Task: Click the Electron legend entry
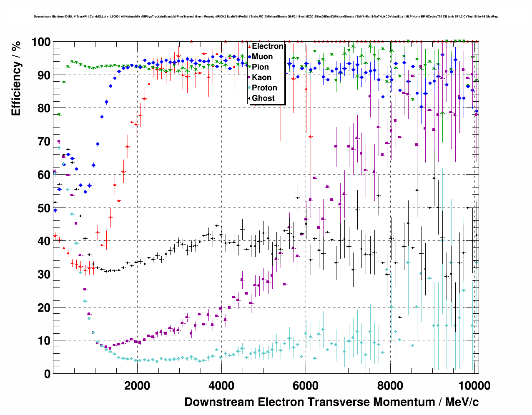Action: tap(267, 46)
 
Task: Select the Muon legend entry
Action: tap(262, 57)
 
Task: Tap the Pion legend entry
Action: tap(260, 67)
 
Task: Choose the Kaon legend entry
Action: tap(261, 77)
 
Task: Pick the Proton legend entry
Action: tap(264, 88)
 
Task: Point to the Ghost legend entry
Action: tap(263, 98)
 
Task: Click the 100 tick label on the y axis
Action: tap(41, 42)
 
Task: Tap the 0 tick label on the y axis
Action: tap(47, 374)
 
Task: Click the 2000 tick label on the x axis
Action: tap(137, 385)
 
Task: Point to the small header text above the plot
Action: tap(266, 17)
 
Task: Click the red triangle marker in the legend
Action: tap(249, 46)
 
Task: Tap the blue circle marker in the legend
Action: tap(249, 57)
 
